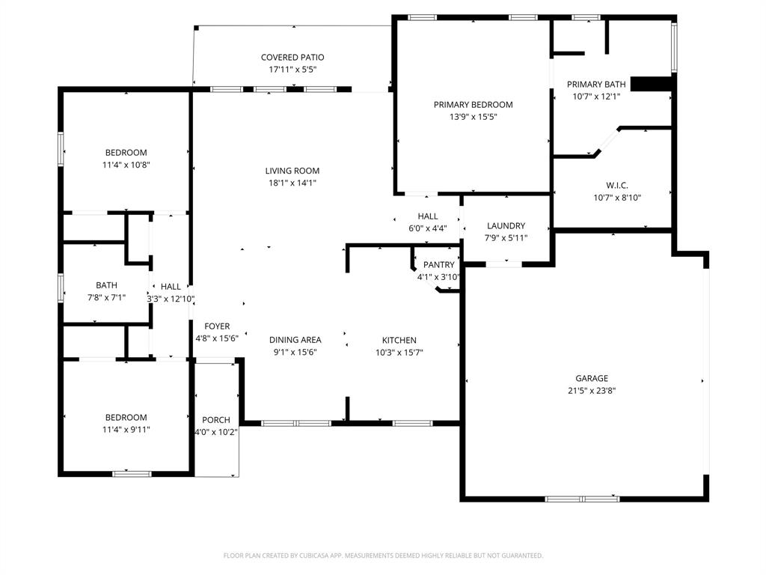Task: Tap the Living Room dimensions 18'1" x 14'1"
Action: coord(292,183)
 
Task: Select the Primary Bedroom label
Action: coord(473,105)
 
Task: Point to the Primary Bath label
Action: coord(595,85)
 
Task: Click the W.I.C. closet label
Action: coord(616,186)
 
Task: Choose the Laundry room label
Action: coord(506,226)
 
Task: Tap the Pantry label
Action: coord(438,265)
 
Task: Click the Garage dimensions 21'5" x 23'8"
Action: coord(591,390)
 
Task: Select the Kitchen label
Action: coord(399,340)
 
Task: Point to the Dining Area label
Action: coord(295,340)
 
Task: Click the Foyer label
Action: coord(217,326)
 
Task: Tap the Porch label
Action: coord(216,420)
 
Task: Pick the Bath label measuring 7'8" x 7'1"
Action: coord(106,285)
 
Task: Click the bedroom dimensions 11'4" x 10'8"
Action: coord(126,165)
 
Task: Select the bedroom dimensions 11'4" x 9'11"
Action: coord(126,429)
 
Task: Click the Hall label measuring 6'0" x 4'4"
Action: coord(427,217)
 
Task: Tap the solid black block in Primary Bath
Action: coord(652,84)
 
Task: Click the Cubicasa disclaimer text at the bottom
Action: coord(383,556)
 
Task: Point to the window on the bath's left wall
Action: coord(61,287)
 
